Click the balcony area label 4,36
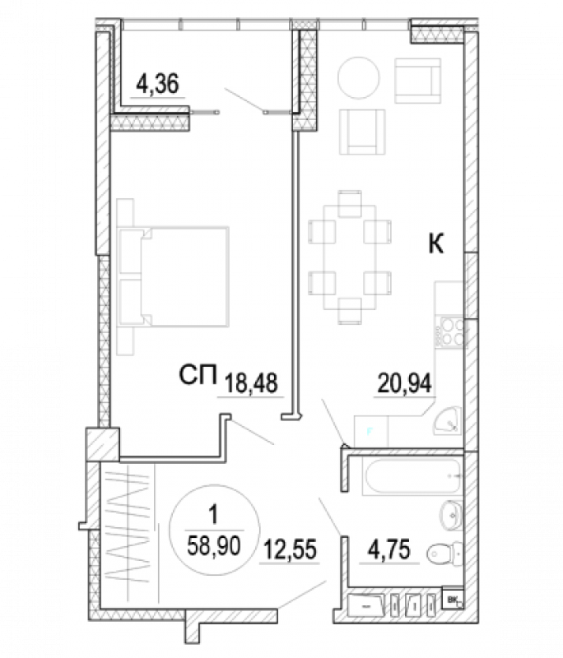click(x=157, y=83)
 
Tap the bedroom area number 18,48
click(x=251, y=382)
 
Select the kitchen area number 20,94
click(x=404, y=382)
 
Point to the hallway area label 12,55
click(x=290, y=549)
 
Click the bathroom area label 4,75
click(x=389, y=549)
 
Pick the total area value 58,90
click(x=214, y=546)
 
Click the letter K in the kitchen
click(x=435, y=243)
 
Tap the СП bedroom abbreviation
click(x=198, y=374)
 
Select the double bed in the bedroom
click(x=174, y=276)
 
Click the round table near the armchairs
click(x=359, y=77)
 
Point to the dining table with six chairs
click(x=350, y=257)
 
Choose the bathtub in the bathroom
click(x=412, y=476)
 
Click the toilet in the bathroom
click(x=444, y=554)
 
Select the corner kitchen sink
click(x=448, y=421)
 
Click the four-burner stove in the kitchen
click(x=450, y=332)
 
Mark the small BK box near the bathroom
click(x=453, y=600)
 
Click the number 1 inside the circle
click(x=214, y=515)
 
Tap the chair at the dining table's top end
click(x=350, y=203)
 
